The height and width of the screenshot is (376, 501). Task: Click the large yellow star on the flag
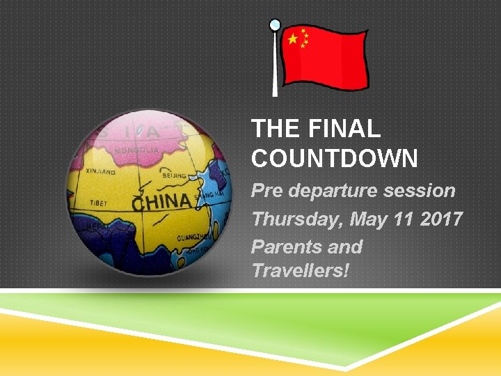coord(293,39)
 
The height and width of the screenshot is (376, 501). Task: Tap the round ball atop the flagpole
coord(275,25)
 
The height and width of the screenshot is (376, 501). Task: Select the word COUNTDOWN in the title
coord(334,159)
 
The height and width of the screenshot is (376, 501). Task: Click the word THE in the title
coord(273,129)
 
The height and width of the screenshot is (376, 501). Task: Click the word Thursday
coord(298,220)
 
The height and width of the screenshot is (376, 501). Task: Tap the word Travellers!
coord(300,270)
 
